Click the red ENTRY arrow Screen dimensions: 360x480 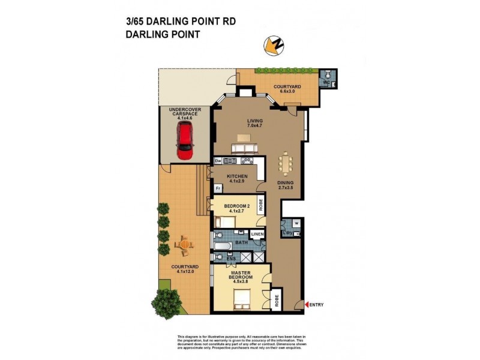308,305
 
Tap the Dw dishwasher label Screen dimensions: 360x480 218,161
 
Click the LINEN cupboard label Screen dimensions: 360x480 257,234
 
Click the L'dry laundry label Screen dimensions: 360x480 287,233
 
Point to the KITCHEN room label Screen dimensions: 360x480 237,176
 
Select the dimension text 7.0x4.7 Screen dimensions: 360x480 256,126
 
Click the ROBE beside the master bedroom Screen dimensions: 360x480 277,300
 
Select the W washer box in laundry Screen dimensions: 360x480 296,223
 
